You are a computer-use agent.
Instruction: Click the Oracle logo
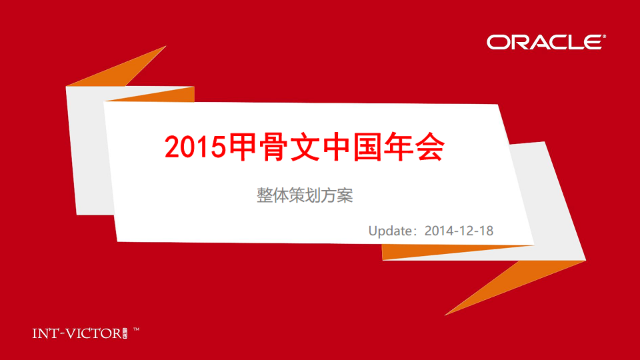[546, 42]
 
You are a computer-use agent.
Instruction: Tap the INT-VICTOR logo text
[77, 333]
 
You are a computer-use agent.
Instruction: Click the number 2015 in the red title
[195, 147]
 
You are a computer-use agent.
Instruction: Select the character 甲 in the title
[243, 146]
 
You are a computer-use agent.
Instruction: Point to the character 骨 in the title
[274, 146]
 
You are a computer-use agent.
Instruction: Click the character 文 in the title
[305, 146]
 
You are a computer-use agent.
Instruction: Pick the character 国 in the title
[367, 146]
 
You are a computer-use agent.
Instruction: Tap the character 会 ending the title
[430, 146]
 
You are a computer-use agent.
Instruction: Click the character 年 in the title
[399, 146]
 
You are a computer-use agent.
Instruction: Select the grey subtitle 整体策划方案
[305, 195]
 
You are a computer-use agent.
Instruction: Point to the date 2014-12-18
[459, 231]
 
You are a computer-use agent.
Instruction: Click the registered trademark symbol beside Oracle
[604, 36]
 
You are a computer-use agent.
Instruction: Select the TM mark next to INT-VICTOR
[136, 329]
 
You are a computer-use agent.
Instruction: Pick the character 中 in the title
[336, 146]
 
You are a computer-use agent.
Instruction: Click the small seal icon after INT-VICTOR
[125, 333]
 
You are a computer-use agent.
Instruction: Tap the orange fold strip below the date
[449, 251]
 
